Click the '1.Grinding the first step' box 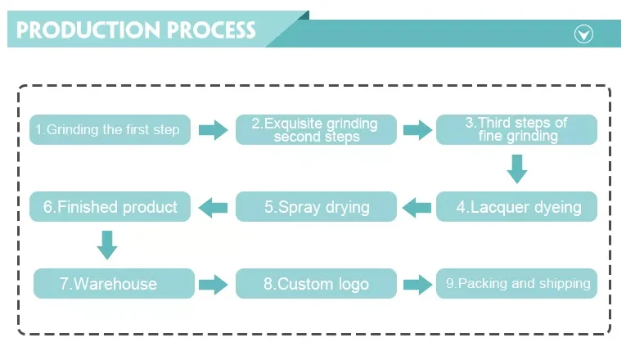click(x=110, y=130)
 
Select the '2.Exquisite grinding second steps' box click(x=316, y=130)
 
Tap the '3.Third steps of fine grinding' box click(x=516, y=130)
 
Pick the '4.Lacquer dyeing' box click(x=516, y=207)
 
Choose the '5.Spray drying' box click(x=316, y=207)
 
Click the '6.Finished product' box click(x=110, y=207)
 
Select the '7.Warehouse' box click(x=114, y=284)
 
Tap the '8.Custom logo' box click(x=316, y=284)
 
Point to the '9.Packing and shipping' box click(x=516, y=284)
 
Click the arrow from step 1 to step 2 click(x=213, y=130)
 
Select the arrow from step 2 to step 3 click(x=417, y=130)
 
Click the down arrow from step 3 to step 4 click(x=516, y=169)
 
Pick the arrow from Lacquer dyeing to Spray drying click(x=417, y=207)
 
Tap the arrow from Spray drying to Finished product click(x=214, y=207)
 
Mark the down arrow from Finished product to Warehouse click(x=107, y=245)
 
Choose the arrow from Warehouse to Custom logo click(x=214, y=284)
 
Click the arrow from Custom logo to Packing click(x=417, y=284)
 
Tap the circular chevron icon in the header click(x=583, y=34)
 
